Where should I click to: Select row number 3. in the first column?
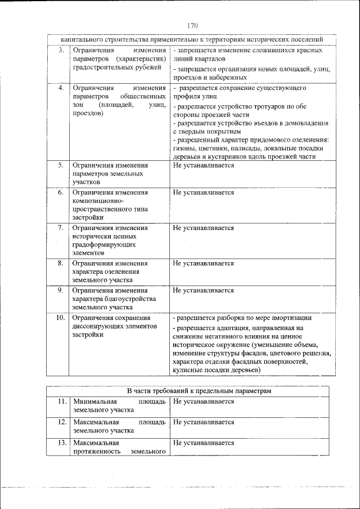click(60, 51)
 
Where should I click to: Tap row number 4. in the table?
click(60, 88)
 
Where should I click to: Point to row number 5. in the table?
click(60, 165)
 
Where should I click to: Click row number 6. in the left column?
click(60, 192)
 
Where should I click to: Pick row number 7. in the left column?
click(60, 228)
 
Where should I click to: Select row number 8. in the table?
click(60, 263)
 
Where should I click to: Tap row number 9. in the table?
click(60, 290)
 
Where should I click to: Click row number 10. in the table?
click(60, 318)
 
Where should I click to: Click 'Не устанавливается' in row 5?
click(203, 165)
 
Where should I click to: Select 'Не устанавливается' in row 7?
click(203, 228)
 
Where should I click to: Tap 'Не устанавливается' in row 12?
click(203, 422)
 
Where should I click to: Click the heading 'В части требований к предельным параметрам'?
click(191, 391)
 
